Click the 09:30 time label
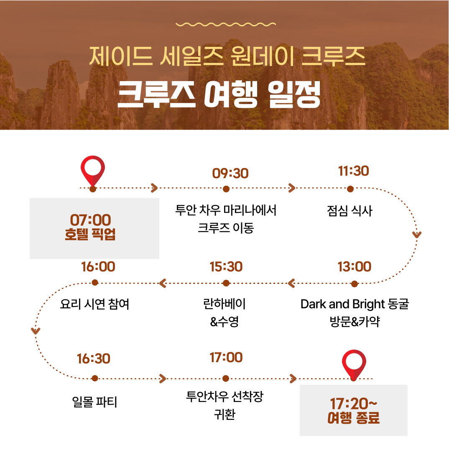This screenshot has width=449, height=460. (230, 174)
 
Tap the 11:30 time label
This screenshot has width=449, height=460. (353, 171)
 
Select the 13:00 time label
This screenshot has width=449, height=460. (354, 267)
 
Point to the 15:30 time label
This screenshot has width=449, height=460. (226, 267)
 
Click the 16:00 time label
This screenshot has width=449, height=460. (98, 267)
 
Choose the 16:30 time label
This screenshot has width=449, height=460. (94, 359)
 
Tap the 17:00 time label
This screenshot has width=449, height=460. (226, 358)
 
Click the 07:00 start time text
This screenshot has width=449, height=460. (90, 220)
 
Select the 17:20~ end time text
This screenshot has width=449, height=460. (353, 404)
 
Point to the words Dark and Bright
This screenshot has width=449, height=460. (342, 304)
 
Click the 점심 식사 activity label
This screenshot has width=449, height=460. (350, 211)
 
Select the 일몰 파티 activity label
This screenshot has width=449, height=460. (94, 401)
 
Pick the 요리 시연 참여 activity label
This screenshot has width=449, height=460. (94, 304)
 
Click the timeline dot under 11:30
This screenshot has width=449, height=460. (350, 189)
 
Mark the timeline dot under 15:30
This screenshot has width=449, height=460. (226, 283)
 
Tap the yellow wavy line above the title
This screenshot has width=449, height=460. (226, 24)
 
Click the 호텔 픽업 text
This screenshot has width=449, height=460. (90, 234)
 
